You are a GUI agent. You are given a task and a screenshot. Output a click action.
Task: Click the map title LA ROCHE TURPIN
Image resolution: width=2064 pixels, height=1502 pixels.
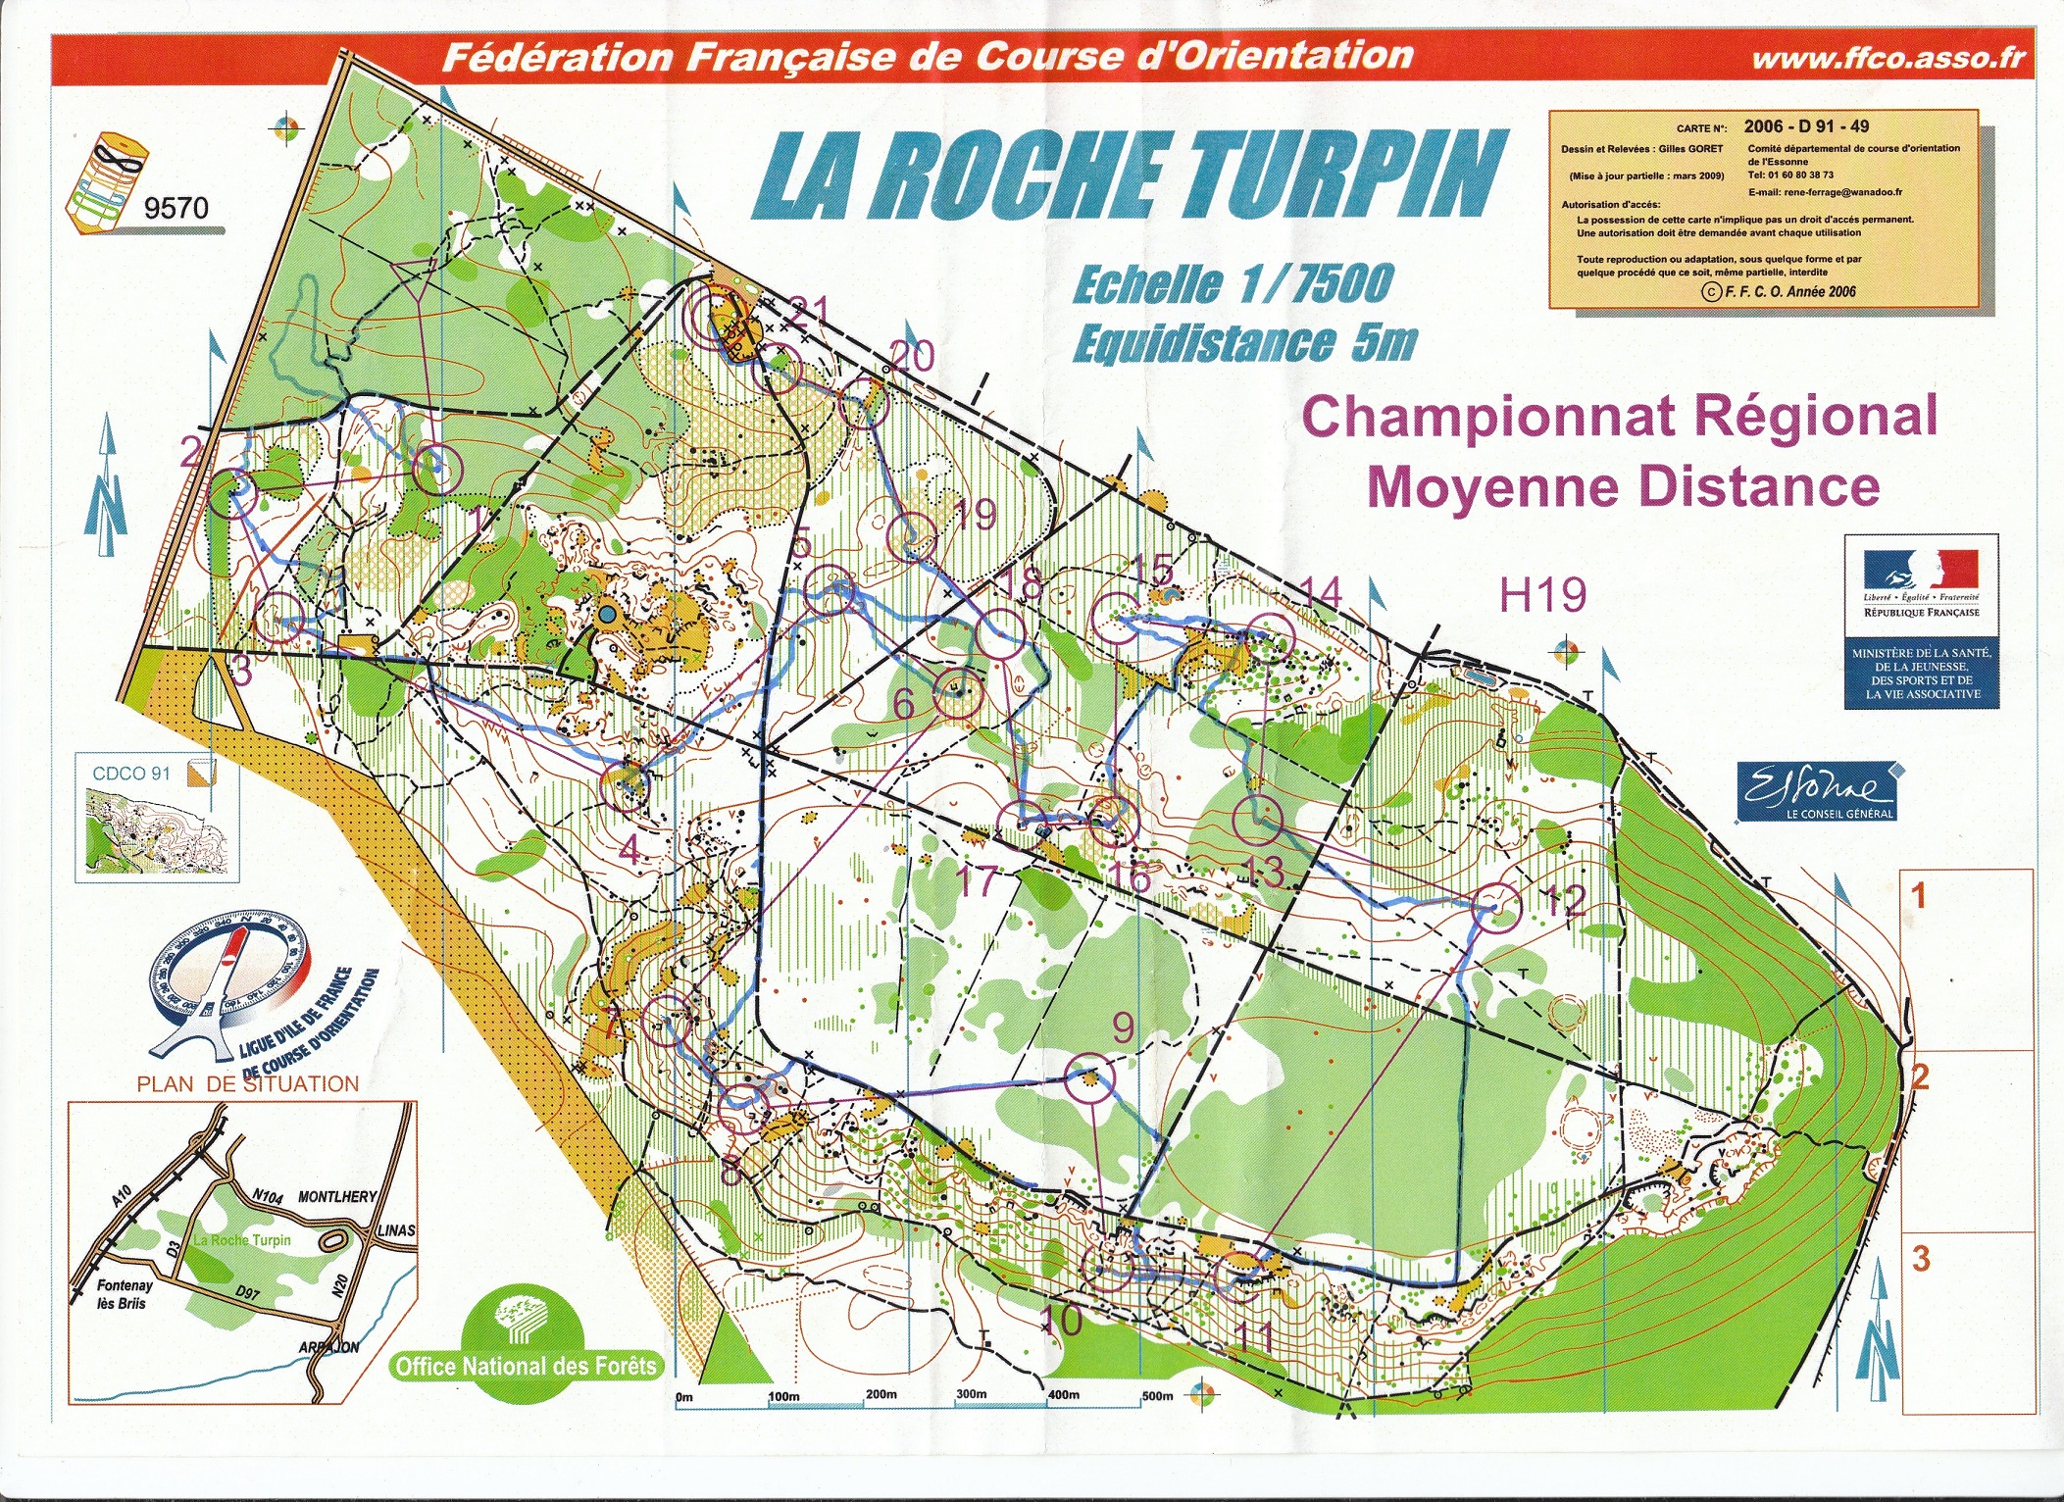coord(1128,176)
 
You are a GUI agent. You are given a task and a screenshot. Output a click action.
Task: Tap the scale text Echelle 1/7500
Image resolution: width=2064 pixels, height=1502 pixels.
coord(1233,284)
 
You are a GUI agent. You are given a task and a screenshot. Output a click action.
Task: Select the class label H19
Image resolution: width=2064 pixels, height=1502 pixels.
coord(1542,594)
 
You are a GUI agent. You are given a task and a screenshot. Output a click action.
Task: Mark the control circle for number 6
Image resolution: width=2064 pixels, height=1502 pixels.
coord(957,691)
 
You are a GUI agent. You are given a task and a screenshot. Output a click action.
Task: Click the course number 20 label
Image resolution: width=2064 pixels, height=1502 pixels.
coord(910,356)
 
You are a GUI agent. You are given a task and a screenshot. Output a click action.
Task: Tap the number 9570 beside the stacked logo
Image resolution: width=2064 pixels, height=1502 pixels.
coord(176,208)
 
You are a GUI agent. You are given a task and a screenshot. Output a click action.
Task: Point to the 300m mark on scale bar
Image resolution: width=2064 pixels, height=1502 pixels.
coord(971,1394)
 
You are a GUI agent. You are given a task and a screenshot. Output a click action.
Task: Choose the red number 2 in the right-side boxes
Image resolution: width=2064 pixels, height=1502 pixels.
coord(1919,1077)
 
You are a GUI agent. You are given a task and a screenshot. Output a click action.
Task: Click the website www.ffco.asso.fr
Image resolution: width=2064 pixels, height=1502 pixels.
coord(1888,58)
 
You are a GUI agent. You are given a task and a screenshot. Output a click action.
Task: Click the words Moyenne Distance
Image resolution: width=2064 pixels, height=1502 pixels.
coord(1623,487)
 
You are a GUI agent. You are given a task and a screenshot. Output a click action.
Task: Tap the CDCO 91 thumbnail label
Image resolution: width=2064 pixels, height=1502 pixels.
coord(131,774)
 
